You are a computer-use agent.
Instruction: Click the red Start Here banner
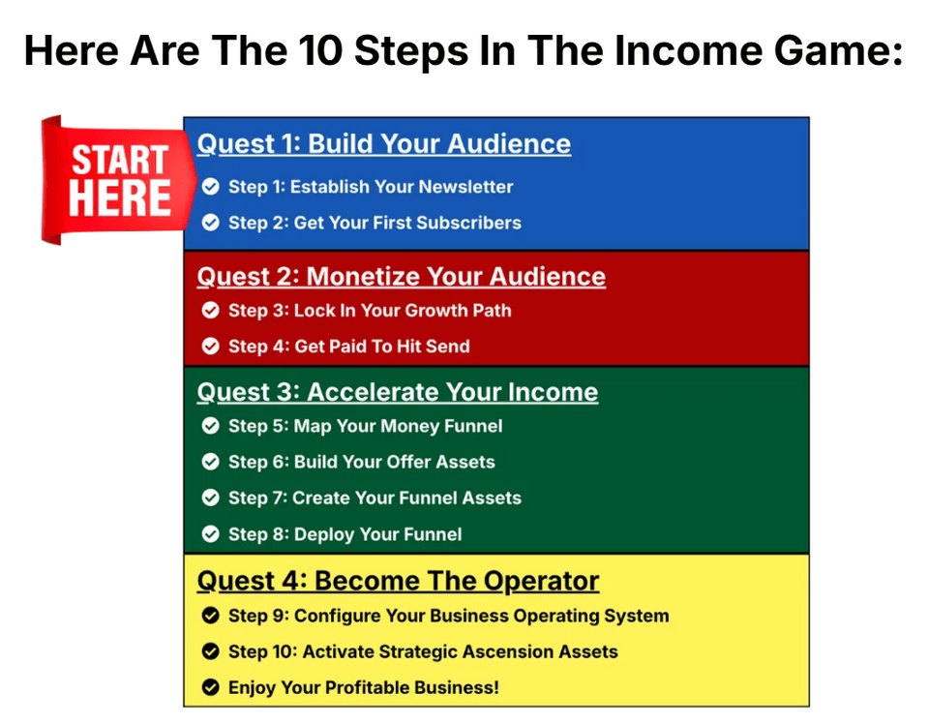tap(117, 180)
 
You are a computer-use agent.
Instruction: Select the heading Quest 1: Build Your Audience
tap(384, 144)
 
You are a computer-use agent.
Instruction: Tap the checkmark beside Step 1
tap(210, 187)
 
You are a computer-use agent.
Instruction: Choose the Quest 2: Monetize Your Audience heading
tap(401, 277)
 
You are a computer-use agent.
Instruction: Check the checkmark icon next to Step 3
tap(210, 310)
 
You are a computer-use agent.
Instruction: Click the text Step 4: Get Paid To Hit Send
tap(349, 347)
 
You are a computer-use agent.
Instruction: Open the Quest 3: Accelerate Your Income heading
tap(398, 392)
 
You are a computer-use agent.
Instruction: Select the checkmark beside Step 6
tap(210, 462)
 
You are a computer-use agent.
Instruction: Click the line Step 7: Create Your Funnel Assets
tap(375, 498)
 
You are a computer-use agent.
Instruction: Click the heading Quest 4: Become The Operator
tap(398, 581)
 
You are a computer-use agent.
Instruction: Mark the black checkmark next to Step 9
tap(210, 616)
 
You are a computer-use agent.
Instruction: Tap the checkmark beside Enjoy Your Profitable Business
tap(210, 687)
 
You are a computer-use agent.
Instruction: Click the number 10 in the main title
tap(320, 50)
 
